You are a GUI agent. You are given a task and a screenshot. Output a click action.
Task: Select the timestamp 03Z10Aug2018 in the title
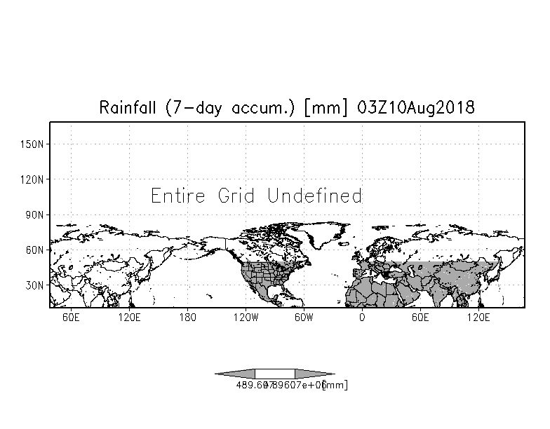(x=415, y=108)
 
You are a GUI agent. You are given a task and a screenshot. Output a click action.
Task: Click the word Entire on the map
(x=180, y=196)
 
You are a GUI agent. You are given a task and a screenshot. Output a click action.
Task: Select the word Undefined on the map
(x=314, y=196)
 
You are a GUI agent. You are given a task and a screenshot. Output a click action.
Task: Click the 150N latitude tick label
(x=34, y=144)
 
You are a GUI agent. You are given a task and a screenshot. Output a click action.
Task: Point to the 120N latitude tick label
(x=34, y=179)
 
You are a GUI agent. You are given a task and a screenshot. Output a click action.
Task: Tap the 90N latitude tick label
(x=36, y=214)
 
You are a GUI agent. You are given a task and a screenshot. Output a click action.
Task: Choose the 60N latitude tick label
(x=36, y=250)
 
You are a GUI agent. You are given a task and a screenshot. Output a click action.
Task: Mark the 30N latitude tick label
(x=36, y=285)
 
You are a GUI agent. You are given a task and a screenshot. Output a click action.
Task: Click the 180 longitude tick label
(x=187, y=318)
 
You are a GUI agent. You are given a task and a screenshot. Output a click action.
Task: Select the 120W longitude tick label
(x=245, y=318)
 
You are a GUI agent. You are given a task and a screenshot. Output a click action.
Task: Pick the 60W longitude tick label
(x=303, y=318)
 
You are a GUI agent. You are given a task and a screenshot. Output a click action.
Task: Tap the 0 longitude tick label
(x=362, y=318)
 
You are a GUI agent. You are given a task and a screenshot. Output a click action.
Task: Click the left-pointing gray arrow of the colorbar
(x=235, y=374)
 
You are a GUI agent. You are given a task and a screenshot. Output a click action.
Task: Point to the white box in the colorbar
(x=275, y=374)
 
